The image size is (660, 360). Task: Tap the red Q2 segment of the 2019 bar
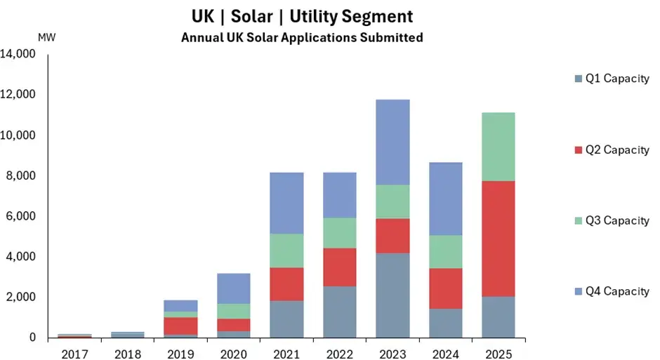click(181, 326)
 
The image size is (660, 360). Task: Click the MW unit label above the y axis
click(46, 37)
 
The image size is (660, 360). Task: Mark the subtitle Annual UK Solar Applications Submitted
click(302, 37)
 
